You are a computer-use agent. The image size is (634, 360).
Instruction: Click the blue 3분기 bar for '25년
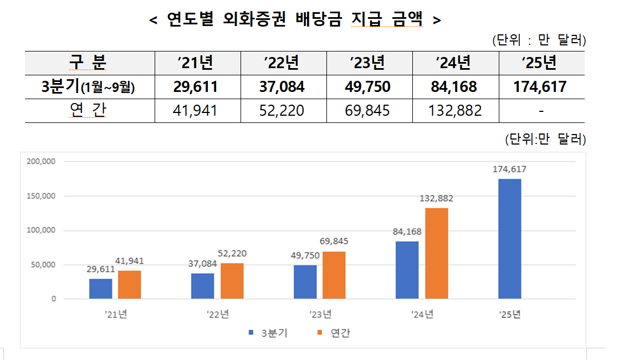[509, 239]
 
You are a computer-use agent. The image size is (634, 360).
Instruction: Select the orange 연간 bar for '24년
[437, 253]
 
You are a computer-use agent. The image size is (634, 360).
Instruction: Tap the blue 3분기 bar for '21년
[100, 289]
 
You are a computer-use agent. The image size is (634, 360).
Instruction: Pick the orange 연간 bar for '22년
[232, 281]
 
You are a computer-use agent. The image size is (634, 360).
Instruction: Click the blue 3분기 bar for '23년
[305, 282]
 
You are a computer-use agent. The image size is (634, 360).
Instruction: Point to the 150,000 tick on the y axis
[41, 196]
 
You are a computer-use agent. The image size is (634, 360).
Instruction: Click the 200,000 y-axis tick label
[41, 162]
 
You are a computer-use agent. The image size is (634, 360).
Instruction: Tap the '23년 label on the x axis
[320, 315]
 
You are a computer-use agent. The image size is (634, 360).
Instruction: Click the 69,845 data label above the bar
[334, 241]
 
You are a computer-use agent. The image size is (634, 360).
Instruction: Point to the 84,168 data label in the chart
[407, 232]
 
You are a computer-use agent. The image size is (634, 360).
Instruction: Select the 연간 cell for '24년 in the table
[455, 111]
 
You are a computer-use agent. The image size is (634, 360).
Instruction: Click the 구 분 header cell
[89, 63]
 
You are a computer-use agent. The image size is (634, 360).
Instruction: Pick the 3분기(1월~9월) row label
[89, 87]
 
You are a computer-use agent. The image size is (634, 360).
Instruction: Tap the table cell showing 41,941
[195, 111]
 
